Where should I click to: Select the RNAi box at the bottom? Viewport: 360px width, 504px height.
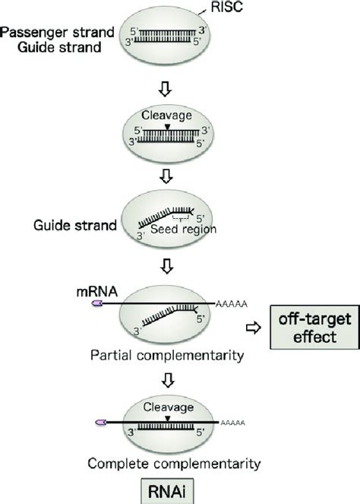(x=181, y=487)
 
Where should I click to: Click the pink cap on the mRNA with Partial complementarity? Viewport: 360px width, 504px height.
(x=97, y=303)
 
